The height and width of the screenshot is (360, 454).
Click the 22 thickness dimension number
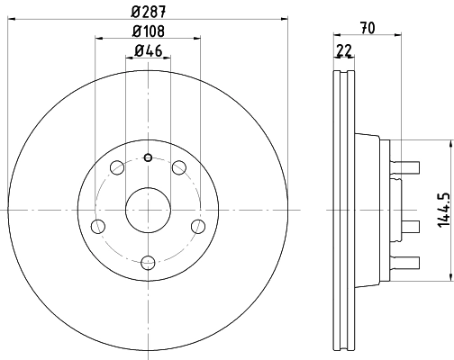point(342,51)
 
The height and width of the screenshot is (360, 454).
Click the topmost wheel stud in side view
point(408,165)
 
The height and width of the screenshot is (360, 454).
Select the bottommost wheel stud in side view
point(408,262)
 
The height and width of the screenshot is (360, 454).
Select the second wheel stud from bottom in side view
point(408,226)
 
